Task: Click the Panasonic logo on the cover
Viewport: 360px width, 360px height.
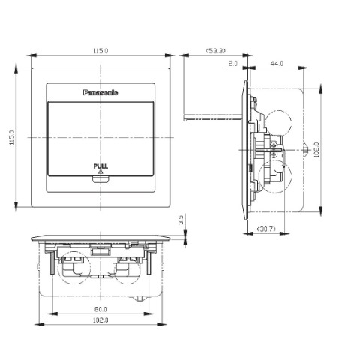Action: click(101, 92)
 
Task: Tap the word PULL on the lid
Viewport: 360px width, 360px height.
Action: click(100, 165)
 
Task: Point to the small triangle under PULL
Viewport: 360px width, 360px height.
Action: click(100, 172)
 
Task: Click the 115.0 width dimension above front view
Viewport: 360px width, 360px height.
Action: click(100, 50)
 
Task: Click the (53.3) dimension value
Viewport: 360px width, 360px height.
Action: click(214, 50)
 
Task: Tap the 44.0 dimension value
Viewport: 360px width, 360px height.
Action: click(277, 65)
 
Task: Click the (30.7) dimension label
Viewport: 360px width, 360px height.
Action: click(266, 227)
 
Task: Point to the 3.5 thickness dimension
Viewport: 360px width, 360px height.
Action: click(181, 220)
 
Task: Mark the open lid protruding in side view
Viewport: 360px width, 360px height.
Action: click(210, 116)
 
